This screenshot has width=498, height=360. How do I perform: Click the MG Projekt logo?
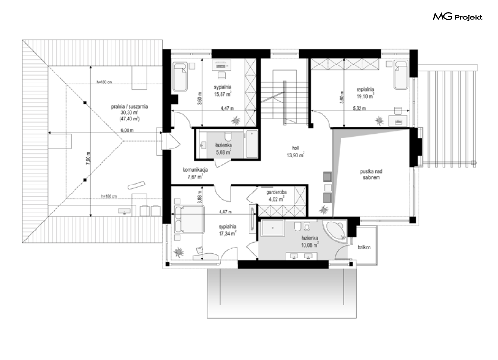(x=458, y=17)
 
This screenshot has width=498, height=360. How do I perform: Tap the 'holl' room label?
(x=295, y=148)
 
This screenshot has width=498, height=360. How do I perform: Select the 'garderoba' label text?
(x=277, y=192)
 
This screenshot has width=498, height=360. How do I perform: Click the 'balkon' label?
(x=364, y=247)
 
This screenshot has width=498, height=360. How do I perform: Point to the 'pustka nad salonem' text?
(x=371, y=175)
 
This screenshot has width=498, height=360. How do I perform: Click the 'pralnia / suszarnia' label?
(x=129, y=107)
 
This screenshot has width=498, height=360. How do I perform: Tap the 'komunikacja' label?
(x=195, y=170)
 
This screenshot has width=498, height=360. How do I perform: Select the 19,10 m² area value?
(x=365, y=96)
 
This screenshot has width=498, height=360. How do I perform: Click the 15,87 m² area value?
(x=222, y=93)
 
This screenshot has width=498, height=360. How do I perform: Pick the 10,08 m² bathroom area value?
(x=310, y=245)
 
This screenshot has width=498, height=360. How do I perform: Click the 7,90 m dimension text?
(x=88, y=157)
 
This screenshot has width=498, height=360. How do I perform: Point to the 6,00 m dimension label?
(x=127, y=130)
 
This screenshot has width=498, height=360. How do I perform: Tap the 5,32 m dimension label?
(x=359, y=108)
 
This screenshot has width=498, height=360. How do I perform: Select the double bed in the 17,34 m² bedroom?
(x=189, y=220)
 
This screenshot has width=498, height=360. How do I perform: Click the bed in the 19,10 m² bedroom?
(x=401, y=75)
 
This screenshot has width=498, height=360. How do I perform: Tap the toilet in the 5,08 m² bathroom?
(x=228, y=136)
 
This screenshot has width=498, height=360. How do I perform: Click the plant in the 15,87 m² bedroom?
(x=236, y=120)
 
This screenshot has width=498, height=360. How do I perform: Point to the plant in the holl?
(x=323, y=210)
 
